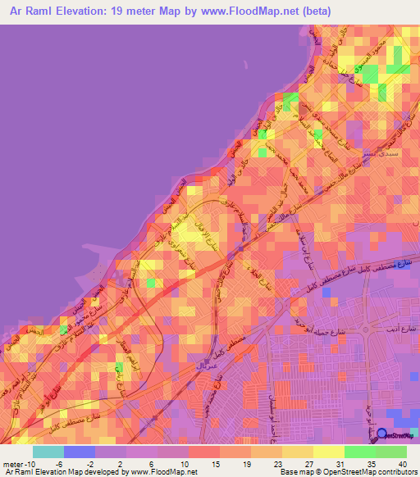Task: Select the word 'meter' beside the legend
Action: [12, 464]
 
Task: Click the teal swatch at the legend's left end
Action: [48, 452]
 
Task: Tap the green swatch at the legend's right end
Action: [391, 452]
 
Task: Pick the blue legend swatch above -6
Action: [80, 452]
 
